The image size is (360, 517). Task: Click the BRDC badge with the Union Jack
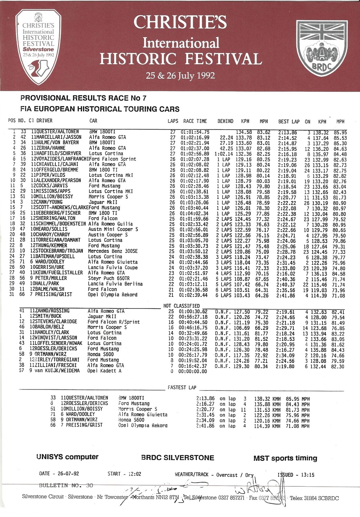click(321, 48)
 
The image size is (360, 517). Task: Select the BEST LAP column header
click(289, 122)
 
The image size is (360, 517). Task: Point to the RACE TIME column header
click(195, 121)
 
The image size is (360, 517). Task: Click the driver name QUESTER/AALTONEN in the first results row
click(58, 132)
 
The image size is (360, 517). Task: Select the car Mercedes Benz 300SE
click(113, 251)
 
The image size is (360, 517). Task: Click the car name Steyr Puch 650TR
click(109, 278)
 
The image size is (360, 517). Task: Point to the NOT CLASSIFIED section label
click(181, 306)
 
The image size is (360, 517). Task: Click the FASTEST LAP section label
click(182, 387)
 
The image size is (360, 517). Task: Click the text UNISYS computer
click(67, 457)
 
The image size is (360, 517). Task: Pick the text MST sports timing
click(285, 458)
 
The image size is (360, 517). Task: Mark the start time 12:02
click(134, 474)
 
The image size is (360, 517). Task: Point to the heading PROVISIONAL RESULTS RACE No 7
click(83, 98)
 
